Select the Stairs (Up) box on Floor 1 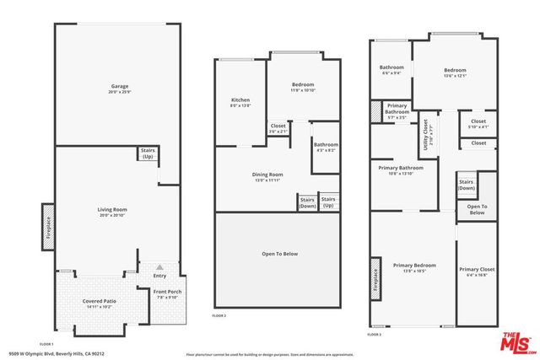(148, 153)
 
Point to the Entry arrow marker (159, 266)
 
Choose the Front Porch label (167, 292)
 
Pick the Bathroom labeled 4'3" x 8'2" (326, 147)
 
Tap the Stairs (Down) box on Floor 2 (306, 202)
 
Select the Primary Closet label (477, 270)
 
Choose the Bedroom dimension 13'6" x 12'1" (454, 76)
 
